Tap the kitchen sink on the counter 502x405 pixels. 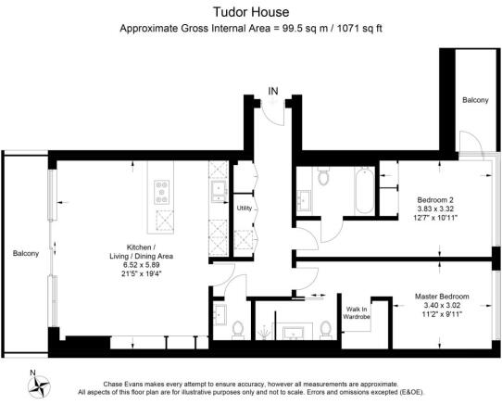tap(219, 191)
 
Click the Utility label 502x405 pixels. tap(244, 209)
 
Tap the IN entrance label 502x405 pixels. tap(273, 91)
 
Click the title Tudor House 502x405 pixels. tap(252, 12)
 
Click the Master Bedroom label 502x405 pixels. tap(442, 297)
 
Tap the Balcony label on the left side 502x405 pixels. tap(25, 252)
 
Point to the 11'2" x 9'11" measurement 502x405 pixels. tap(442, 316)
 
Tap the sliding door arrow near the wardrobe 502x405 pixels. tap(308, 297)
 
